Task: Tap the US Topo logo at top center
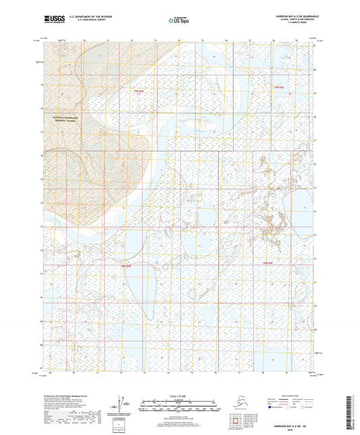(179, 22)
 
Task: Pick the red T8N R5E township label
(267, 262)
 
